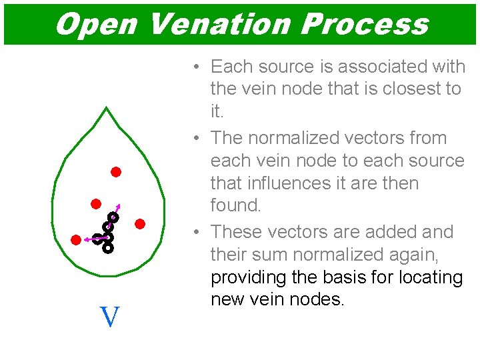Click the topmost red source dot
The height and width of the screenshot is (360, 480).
tap(115, 172)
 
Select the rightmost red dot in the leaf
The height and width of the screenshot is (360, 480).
tap(140, 224)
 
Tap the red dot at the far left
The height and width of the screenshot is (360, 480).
tap(76, 239)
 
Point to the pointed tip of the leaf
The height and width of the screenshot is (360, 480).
tap(107, 108)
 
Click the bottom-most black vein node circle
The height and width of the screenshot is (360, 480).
tap(108, 248)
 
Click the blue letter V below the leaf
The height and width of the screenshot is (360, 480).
tap(109, 317)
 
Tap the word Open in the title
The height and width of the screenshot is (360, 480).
tap(95, 24)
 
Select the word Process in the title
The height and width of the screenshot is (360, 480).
tap(363, 24)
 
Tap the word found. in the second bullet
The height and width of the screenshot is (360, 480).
tap(236, 205)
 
